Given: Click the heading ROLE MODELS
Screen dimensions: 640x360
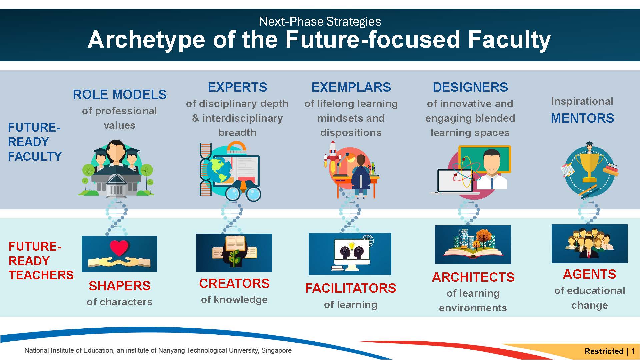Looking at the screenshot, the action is pos(120,94).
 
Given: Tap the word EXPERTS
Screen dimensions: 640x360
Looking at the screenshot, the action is pos(237,87).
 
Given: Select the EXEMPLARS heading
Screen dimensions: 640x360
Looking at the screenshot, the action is pos(351,87).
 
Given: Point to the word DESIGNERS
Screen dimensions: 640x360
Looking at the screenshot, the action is pos(470,87).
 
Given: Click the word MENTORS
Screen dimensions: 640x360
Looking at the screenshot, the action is pos(582,118).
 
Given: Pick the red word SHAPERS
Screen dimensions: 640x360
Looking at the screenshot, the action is pos(119,286).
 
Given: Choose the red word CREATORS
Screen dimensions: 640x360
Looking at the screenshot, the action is pos(234,283).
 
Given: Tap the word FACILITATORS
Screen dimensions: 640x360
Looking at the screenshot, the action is pos(351,288).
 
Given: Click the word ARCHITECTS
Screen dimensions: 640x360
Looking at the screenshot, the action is pos(473,277).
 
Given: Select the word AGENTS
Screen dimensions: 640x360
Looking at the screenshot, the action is pos(589,274).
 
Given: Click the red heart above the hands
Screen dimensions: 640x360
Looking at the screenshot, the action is pos(119,248).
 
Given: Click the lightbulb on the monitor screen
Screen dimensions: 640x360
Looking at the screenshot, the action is pos(352,246).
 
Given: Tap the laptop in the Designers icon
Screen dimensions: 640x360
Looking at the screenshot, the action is pos(455,182).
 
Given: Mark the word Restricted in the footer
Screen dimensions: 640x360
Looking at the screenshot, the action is pos(604,351).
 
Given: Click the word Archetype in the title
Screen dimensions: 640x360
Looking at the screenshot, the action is pos(147,40).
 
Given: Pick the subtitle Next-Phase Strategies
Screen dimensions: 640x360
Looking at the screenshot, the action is pos(320,21).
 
